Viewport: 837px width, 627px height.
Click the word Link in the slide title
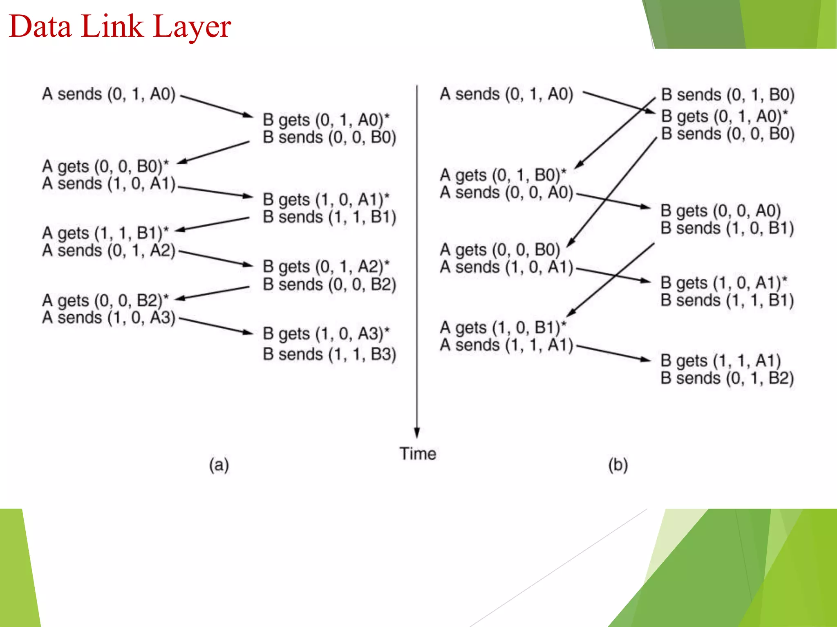112,26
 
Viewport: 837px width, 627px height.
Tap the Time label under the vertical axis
418,454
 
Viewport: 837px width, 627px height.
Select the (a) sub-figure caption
219,465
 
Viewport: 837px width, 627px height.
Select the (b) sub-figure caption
618,465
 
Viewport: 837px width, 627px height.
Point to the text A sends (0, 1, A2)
109,250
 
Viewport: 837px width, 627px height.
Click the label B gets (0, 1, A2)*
326,267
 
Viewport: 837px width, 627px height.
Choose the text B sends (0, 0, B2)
329,284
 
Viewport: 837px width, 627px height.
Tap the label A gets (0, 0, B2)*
105,300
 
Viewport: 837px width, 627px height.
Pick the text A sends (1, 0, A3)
109,318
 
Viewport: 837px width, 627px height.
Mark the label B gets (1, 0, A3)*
326,334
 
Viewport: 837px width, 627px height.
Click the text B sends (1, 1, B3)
329,354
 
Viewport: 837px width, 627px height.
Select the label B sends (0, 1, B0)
728,95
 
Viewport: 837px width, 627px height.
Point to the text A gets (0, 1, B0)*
503,175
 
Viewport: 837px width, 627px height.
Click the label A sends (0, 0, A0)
506,192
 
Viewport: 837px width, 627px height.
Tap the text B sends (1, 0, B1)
727,228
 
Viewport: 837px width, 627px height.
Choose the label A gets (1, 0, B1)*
503,327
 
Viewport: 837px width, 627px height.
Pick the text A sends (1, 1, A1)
506,345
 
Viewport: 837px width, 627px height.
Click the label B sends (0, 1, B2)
727,378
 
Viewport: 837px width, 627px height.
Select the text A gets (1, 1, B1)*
105,233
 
